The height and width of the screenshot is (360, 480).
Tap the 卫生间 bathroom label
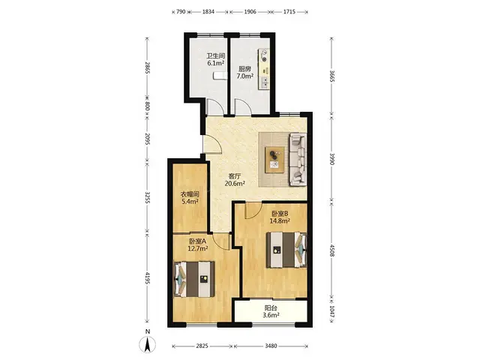(x=216, y=56)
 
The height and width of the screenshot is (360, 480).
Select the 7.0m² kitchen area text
(x=245, y=76)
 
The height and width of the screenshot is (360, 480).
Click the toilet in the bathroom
(x=220, y=76)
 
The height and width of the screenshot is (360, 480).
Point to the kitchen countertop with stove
(x=264, y=69)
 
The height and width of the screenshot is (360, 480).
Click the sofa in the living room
(x=298, y=159)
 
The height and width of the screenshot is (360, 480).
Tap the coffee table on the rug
(x=274, y=160)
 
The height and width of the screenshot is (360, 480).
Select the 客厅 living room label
(x=235, y=176)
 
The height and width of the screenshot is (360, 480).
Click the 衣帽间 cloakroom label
(x=190, y=194)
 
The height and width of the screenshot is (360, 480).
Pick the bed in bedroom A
(x=194, y=279)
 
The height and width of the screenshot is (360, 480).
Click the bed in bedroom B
(x=286, y=250)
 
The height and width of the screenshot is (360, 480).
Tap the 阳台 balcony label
(x=271, y=308)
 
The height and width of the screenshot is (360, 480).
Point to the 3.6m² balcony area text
(x=271, y=315)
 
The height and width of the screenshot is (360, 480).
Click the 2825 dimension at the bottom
(x=202, y=346)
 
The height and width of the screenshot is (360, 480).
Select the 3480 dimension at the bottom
(x=271, y=346)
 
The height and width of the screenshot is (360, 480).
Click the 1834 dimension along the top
(x=208, y=12)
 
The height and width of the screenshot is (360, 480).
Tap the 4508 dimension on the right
(x=331, y=250)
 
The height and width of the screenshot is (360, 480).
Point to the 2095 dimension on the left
(x=147, y=139)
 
